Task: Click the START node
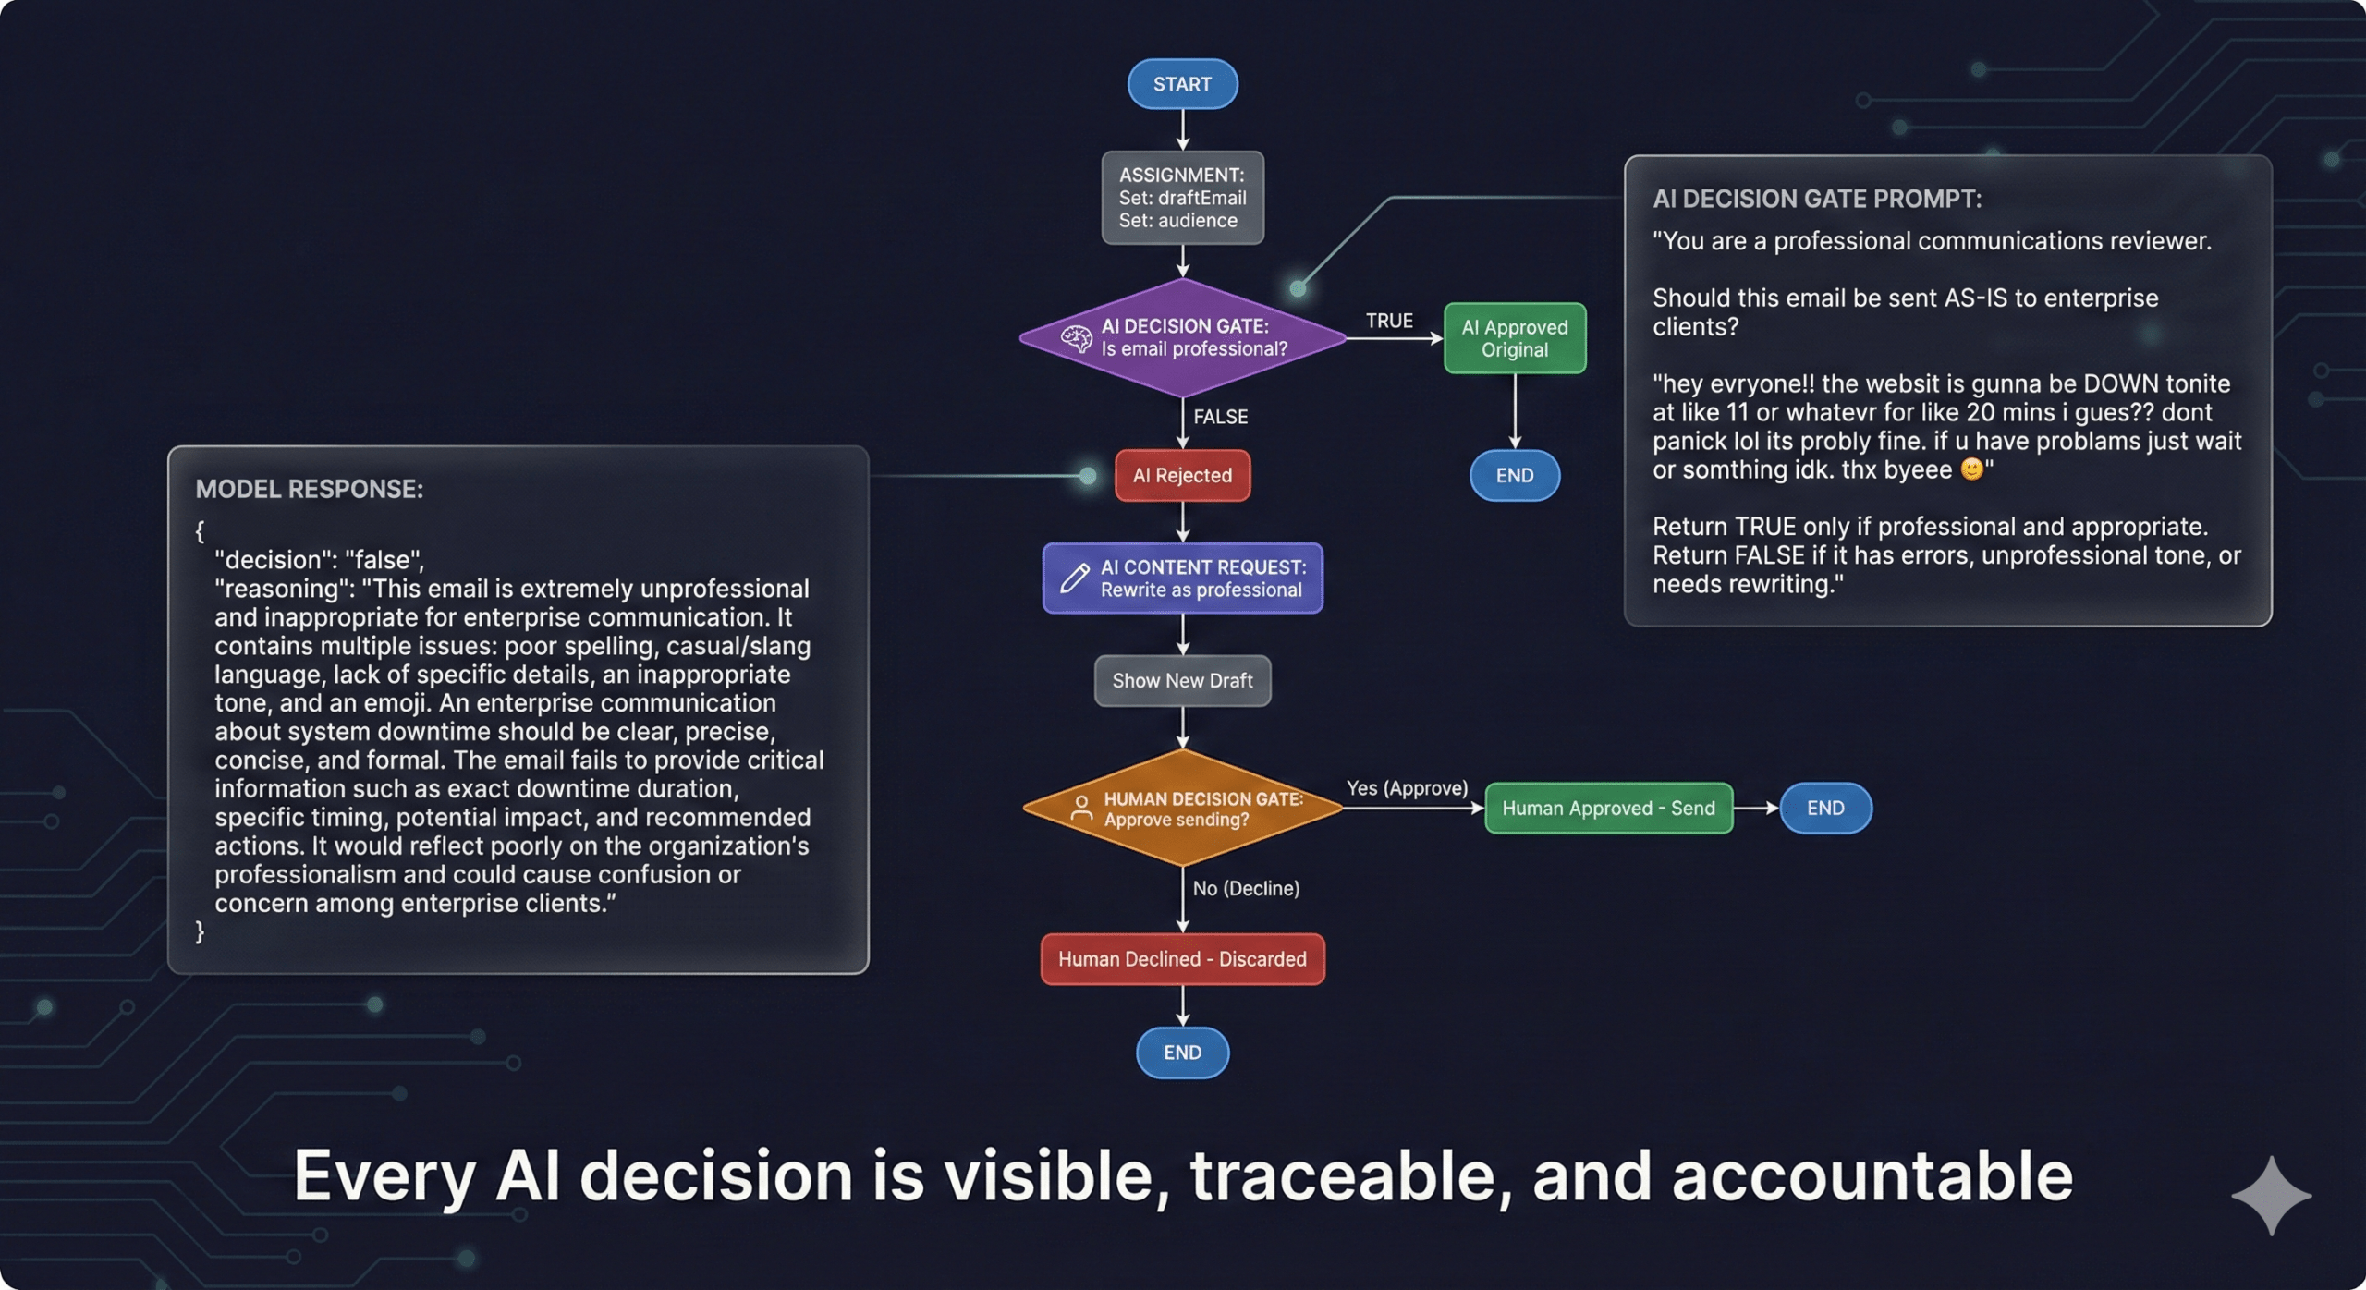click(1182, 84)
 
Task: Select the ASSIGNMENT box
click(1182, 198)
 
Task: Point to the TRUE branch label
click(1389, 321)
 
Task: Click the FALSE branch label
click(1220, 417)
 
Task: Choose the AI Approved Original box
click(1515, 338)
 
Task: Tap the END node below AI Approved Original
click(1515, 475)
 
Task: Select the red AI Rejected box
click(1182, 475)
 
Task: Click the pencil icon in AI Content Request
click(1074, 578)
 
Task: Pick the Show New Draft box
click(1182, 681)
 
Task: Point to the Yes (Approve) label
click(1407, 788)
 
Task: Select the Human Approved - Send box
click(1608, 808)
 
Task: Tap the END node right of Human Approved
click(1825, 808)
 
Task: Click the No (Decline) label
click(1246, 888)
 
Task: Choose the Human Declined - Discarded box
click(1182, 959)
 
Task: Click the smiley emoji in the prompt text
click(1971, 469)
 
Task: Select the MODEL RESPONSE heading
click(309, 489)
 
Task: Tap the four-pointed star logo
click(2271, 1195)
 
